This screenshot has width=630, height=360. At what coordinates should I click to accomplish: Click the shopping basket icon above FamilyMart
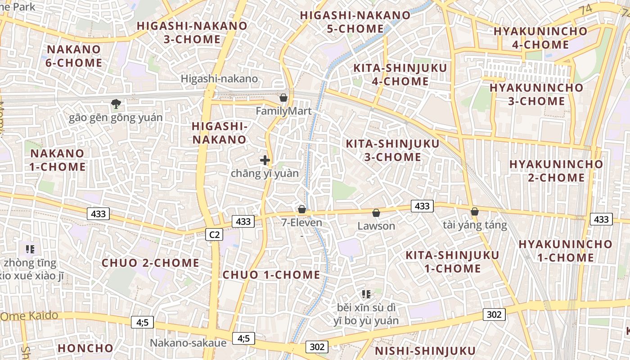point(283,98)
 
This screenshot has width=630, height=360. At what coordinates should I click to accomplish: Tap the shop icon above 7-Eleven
point(302,209)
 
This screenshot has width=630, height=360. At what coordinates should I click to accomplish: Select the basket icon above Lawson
point(376,213)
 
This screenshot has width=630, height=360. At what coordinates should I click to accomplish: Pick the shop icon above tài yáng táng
point(474,211)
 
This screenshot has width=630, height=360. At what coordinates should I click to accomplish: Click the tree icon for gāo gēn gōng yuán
point(116,104)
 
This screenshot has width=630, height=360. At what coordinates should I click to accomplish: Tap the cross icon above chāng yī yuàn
point(265,160)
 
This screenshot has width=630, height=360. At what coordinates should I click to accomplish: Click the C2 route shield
point(214,234)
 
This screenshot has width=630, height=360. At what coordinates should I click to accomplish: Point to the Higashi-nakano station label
point(219,79)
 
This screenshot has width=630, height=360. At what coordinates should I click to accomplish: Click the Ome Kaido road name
point(30,315)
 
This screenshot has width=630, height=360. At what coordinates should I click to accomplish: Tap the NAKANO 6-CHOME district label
point(74,56)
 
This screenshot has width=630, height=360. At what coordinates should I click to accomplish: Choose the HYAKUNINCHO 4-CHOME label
point(540,38)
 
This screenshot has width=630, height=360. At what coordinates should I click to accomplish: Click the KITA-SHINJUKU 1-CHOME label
point(452,262)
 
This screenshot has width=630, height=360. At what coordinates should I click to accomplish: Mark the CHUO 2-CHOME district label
point(150,263)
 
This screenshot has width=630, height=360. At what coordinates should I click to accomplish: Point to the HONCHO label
point(85,348)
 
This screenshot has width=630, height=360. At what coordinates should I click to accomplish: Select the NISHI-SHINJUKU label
point(425,351)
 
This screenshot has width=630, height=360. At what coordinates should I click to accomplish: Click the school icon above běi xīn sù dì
point(366,294)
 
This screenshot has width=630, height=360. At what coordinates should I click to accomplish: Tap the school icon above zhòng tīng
point(30,249)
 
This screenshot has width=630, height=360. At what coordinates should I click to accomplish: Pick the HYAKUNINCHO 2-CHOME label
point(556,171)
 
